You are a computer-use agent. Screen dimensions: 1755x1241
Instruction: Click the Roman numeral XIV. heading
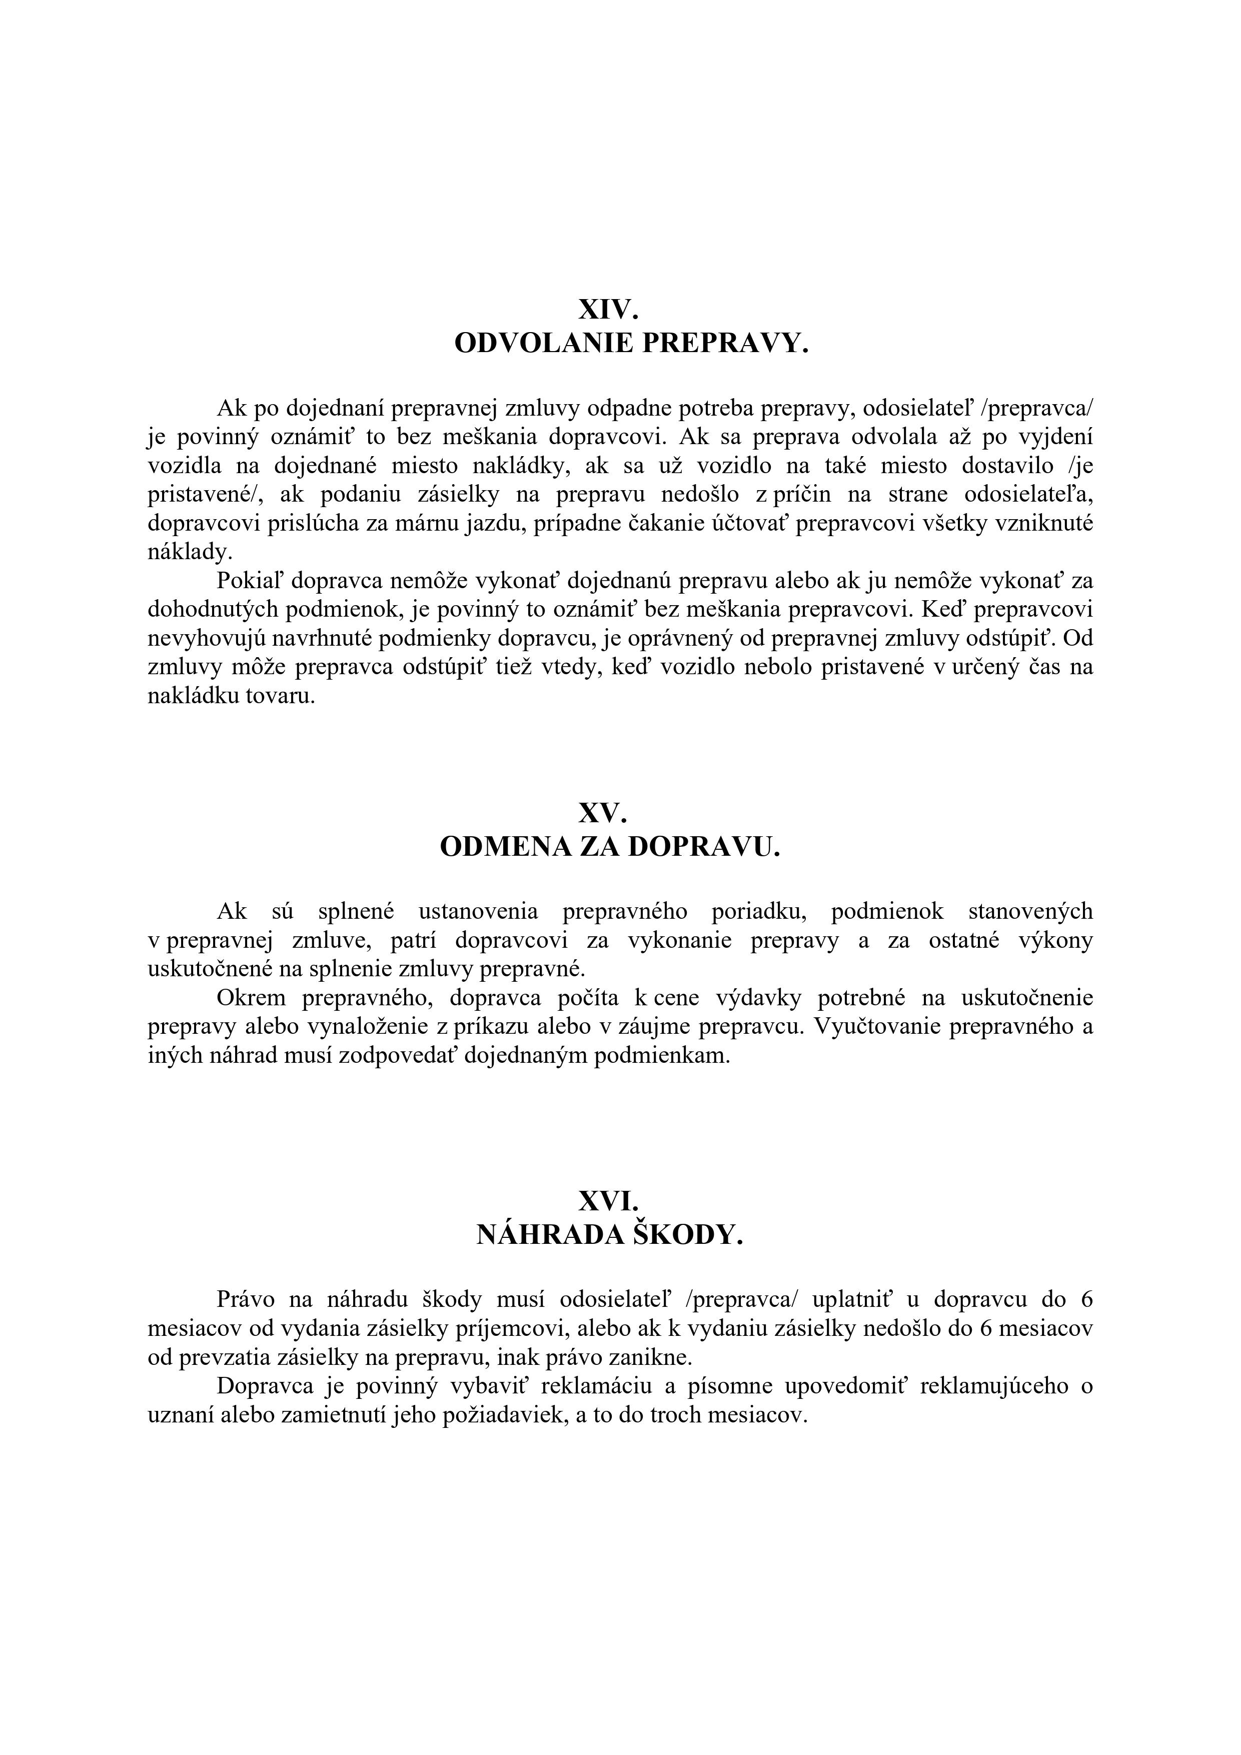(608, 310)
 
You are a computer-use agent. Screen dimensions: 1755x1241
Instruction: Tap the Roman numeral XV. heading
(603, 813)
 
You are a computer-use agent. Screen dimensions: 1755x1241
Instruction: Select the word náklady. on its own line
(190, 552)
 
